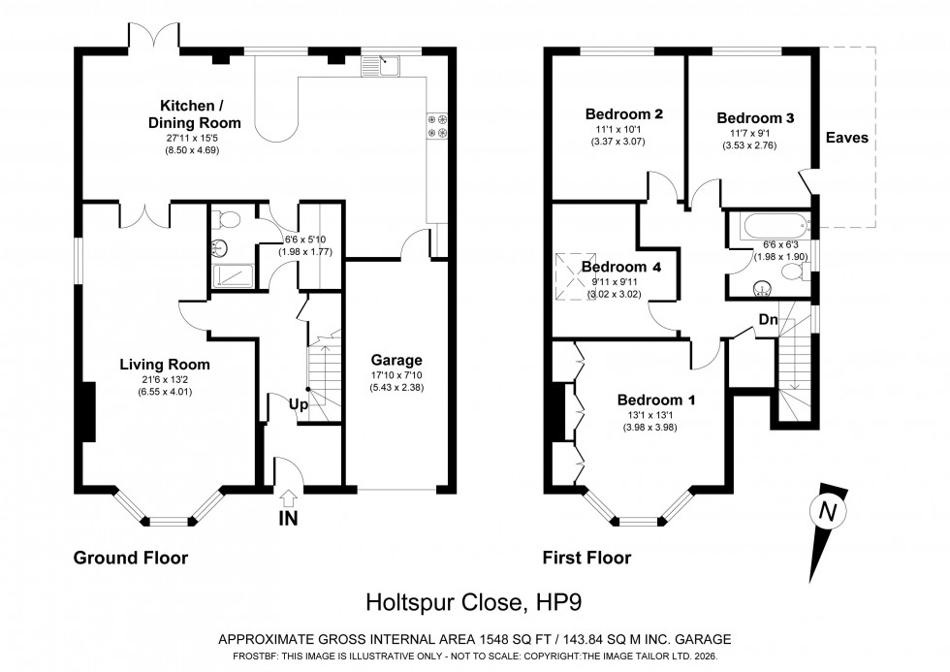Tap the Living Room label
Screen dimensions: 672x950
165,365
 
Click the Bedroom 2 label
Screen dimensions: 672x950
624,113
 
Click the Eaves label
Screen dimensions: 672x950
846,138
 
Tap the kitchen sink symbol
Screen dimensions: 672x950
381,66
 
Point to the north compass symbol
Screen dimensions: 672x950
826,510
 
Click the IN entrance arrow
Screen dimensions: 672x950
288,498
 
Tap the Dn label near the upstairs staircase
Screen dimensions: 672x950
768,319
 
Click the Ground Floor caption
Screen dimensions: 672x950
131,558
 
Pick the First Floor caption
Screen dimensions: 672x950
588,558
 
